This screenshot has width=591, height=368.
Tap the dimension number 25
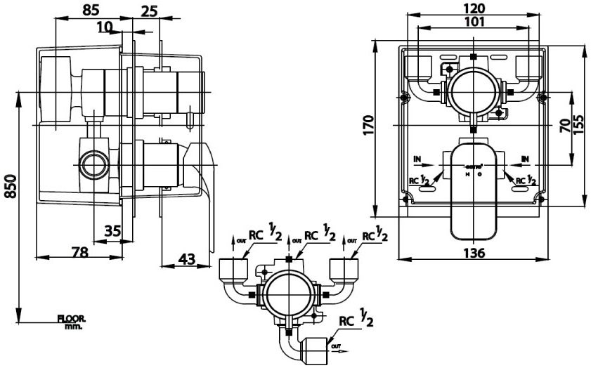(x=148, y=12)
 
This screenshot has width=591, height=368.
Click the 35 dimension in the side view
(x=112, y=230)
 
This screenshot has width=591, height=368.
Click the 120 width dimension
(x=474, y=9)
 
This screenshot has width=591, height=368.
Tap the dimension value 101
(x=474, y=22)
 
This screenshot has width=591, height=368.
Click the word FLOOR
(x=71, y=319)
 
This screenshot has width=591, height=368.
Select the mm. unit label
(x=73, y=327)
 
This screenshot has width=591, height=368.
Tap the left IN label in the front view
(x=417, y=159)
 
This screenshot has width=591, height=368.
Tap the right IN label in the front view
(x=526, y=159)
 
